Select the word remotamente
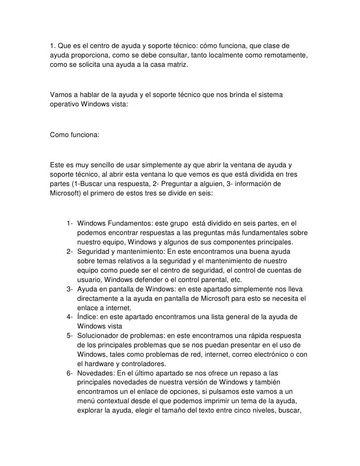pos(287,56)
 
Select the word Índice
pos(88,317)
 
